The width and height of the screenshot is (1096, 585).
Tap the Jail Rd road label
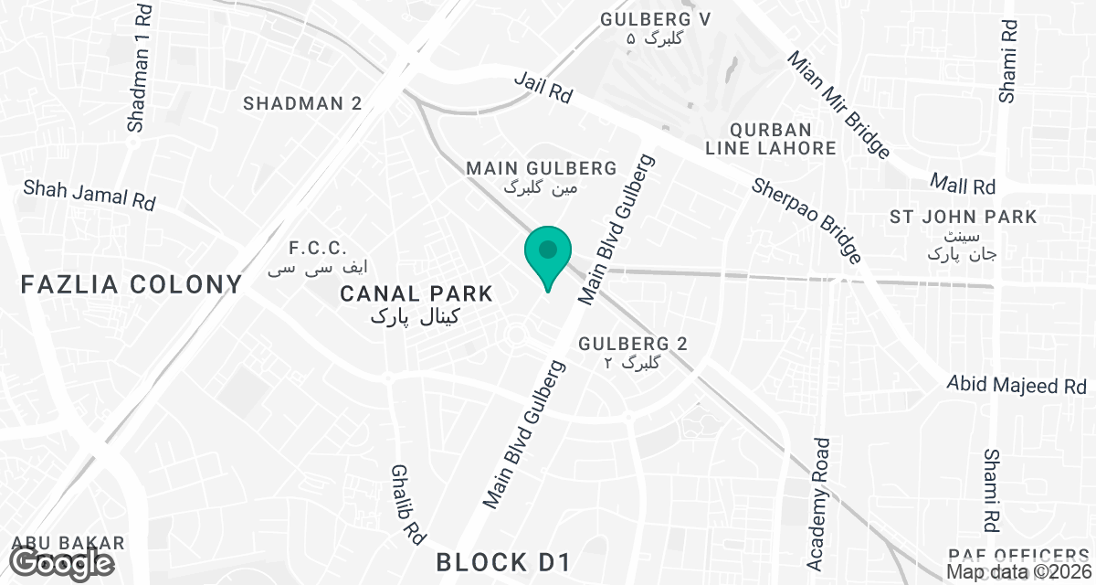543,90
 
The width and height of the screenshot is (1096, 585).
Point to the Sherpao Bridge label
806,219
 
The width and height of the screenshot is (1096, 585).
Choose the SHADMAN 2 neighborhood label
302,103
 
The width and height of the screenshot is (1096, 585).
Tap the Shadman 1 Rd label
142,69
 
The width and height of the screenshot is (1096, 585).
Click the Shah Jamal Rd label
90,195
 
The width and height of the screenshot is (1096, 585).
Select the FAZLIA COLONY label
132,284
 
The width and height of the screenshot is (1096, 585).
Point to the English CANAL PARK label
416,293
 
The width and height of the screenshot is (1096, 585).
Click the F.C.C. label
318,248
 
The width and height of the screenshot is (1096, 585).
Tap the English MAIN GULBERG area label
542,168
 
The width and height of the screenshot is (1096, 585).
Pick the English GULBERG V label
656,19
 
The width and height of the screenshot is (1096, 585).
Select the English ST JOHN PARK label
964,217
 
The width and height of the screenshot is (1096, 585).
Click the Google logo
62,563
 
